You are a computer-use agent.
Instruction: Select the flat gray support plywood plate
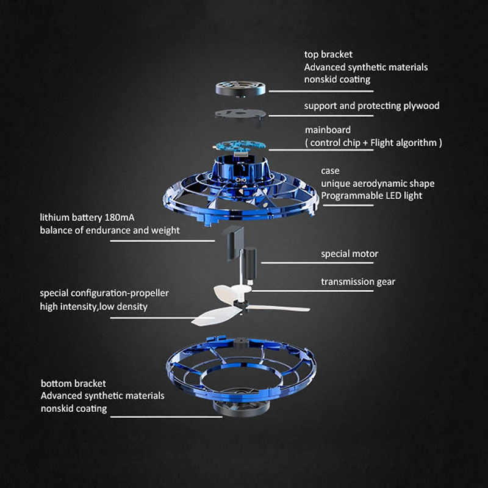click(242, 114)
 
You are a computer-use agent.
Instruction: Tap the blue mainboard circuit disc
click(240, 145)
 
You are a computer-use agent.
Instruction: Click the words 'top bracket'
click(328, 55)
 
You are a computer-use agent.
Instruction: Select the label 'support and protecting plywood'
click(371, 106)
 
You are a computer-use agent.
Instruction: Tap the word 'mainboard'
click(328, 131)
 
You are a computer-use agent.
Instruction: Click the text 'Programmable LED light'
click(371, 196)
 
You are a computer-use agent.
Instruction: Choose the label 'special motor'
click(350, 254)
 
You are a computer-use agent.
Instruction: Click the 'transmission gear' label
click(358, 282)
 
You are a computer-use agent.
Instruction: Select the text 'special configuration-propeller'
click(104, 293)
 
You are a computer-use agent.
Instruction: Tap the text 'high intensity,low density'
click(94, 307)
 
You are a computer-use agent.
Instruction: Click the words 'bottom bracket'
click(73, 384)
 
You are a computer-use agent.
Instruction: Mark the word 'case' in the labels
click(330, 171)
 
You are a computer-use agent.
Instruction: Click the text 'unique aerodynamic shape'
click(378, 184)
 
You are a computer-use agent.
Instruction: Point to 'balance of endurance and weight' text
click(110, 231)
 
